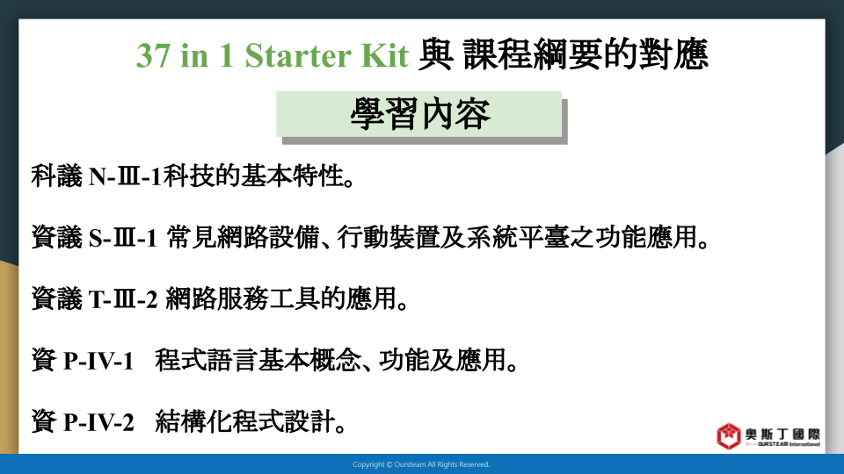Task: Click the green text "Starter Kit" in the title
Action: click(x=327, y=54)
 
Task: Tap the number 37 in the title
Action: click(x=153, y=54)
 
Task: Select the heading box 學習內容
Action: click(x=418, y=114)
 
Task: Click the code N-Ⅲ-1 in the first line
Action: click(x=125, y=176)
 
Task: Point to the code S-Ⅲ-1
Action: click(x=123, y=238)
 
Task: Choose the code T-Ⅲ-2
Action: click(x=123, y=298)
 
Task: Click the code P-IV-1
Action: click(x=98, y=361)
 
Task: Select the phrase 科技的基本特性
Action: click(x=253, y=176)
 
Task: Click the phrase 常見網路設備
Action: click(x=244, y=237)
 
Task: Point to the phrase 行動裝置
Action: click(x=388, y=237)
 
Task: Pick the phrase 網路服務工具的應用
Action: click(x=281, y=298)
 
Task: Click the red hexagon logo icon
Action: click(x=728, y=436)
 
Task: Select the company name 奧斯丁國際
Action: click(x=782, y=434)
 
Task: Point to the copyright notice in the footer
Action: click(x=421, y=464)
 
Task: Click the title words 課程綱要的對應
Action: click(x=586, y=54)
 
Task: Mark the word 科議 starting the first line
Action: click(x=56, y=176)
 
